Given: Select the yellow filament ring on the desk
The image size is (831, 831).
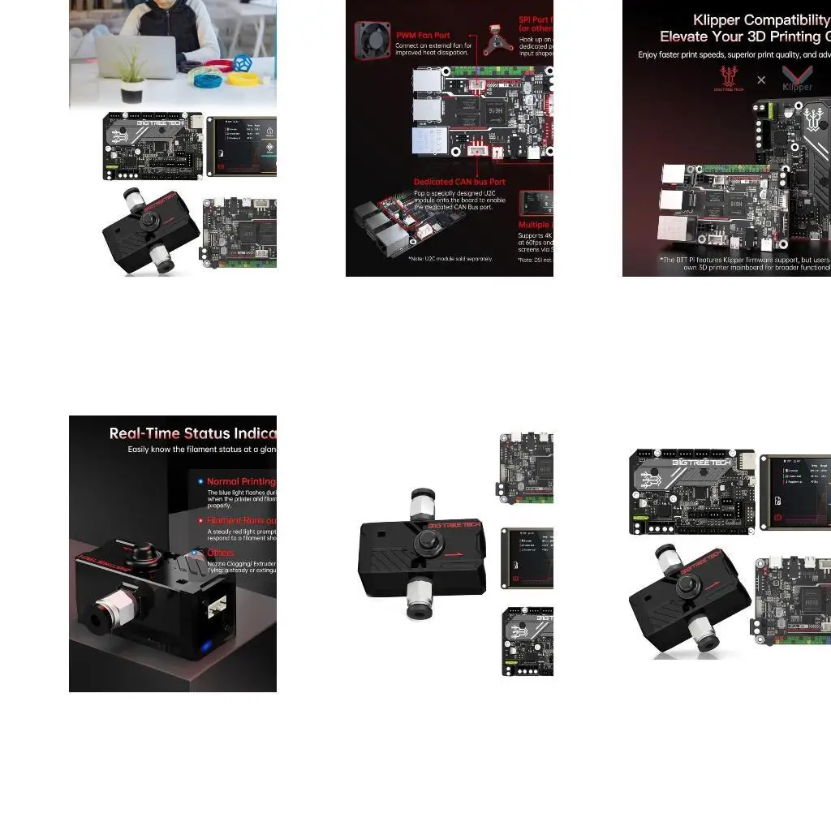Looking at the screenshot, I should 243,79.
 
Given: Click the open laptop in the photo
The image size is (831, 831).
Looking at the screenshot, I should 136,56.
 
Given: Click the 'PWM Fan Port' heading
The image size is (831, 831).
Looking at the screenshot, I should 423,36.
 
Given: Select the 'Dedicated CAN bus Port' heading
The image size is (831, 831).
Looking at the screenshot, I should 459,182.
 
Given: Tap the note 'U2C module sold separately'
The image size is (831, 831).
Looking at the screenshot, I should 451,259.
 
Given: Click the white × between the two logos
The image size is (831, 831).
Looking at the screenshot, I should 761,80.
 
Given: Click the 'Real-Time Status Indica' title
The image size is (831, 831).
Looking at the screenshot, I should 192,433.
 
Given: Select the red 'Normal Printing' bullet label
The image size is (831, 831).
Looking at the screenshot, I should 241,481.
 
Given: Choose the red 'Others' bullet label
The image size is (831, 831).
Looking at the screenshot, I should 220,553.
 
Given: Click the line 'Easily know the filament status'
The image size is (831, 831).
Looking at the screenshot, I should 201,450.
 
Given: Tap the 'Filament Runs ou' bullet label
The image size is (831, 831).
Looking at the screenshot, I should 241,520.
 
